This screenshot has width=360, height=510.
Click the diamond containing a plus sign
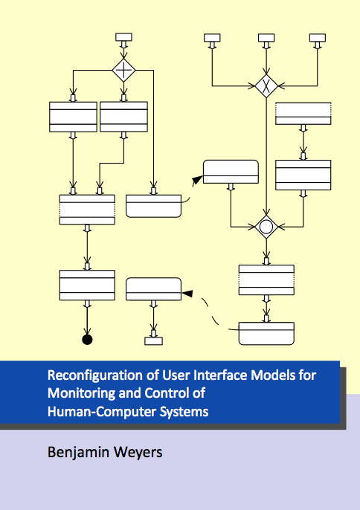[x=123, y=70]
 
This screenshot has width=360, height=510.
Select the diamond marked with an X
[x=266, y=86]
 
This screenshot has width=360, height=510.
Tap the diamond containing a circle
[x=266, y=227]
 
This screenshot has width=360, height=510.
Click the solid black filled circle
[x=87, y=340]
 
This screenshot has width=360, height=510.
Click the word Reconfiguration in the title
[x=95, y=375]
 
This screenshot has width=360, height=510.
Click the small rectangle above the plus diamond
[x=123, y=36]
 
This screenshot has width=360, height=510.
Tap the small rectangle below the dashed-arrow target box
[x=154, y=340]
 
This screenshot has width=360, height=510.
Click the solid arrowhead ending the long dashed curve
[x=187, y=294]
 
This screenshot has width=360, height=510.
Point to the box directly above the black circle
[x=87, y=285]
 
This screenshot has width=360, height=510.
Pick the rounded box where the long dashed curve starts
[x=266, y=333]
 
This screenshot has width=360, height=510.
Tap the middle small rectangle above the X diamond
[x=266, y=38]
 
